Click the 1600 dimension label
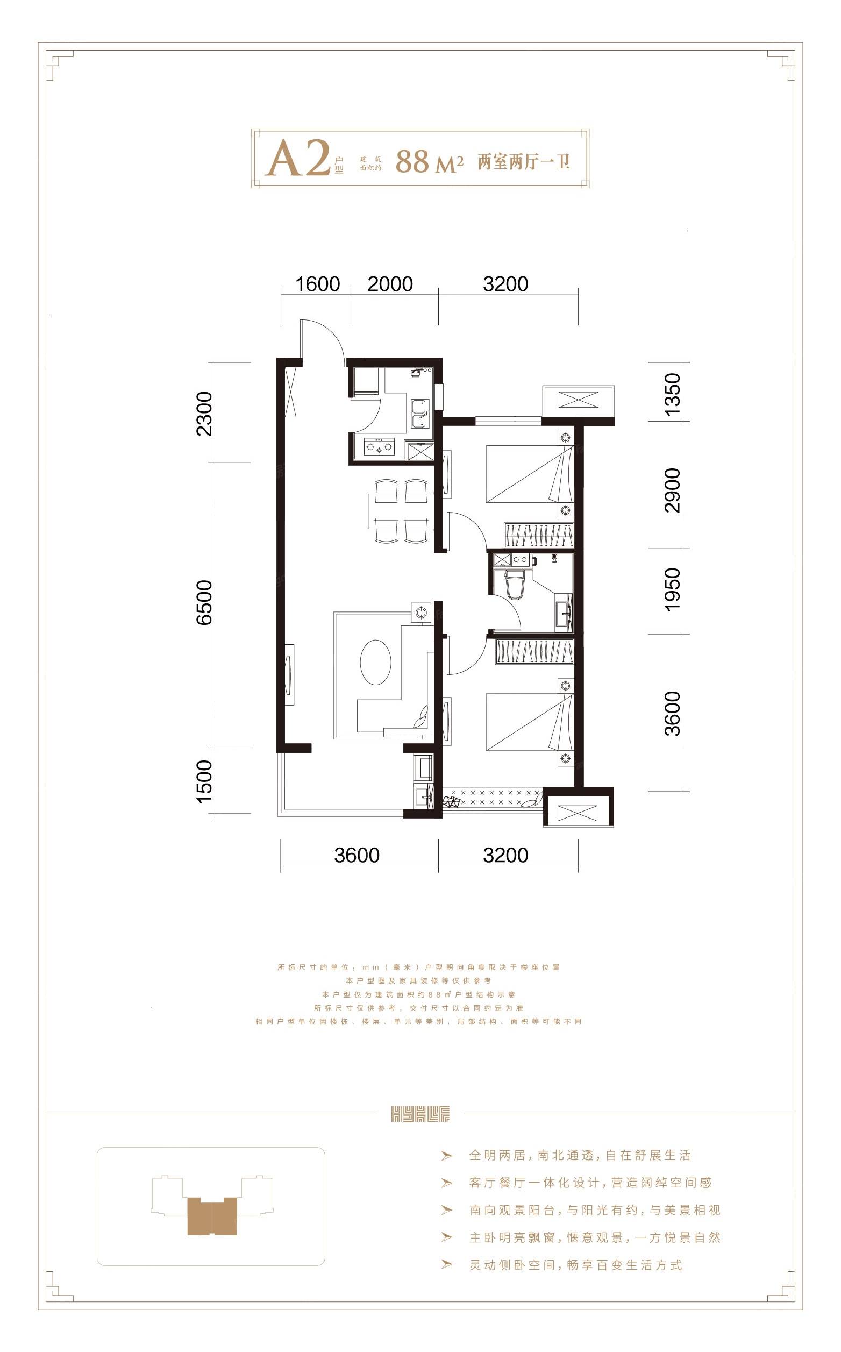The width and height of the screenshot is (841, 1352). point(317,284)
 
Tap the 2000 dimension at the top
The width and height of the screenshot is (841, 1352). point(390,284)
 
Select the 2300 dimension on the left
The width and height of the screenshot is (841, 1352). point(204,414)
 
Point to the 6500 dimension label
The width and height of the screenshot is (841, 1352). point(204,602)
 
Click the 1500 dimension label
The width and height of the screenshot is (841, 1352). point(204,781)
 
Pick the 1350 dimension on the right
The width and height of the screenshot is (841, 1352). point(672,394)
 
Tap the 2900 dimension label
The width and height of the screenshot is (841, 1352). point(672,490)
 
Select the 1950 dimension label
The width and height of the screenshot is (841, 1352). point(672,589)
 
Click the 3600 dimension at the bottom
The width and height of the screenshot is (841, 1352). point(357,856)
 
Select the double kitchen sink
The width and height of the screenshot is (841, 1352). point(419,414)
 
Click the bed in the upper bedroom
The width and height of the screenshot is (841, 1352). point(529,474)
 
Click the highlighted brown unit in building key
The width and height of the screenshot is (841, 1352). point(212,1216)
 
